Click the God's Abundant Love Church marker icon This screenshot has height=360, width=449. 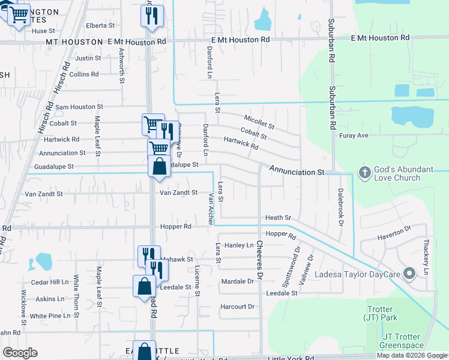coord(364,173)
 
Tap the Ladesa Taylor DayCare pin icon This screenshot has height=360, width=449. coord(410,274)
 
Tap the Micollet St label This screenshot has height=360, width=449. coord(259,122)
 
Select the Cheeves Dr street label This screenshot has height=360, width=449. coord(260,260)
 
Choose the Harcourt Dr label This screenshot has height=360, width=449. coord(238,307)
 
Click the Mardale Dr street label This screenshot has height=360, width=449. coord(238,281)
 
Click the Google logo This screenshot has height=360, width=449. coord(20,352)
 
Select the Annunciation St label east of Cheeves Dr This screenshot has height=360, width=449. coord(297,172)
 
